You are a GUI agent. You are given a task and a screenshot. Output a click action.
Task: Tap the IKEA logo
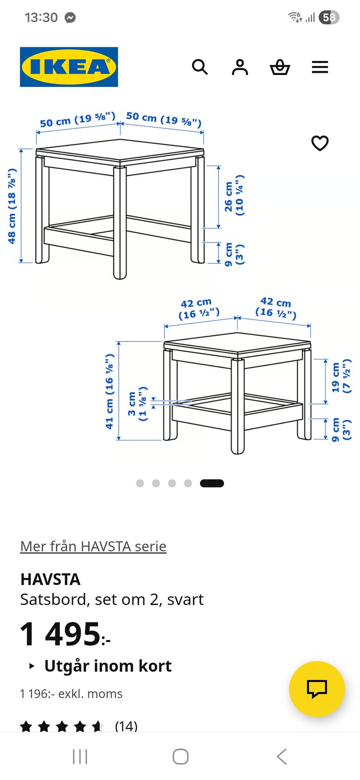[69, 67]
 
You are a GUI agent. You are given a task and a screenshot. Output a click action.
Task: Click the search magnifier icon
[199, 67]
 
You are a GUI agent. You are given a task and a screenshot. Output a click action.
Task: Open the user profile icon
[240, 67]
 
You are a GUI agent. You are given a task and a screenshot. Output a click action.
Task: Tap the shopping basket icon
[280, 67]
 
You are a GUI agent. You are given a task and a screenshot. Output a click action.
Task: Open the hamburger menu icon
[320, 67]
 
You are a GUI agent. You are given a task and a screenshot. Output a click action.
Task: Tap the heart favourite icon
[320, 143]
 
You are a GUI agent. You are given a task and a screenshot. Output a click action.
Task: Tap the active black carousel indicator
[212, 483]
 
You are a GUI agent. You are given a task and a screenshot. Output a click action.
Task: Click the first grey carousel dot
[140, 483]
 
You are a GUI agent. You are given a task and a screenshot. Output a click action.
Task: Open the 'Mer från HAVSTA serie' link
[93, 546]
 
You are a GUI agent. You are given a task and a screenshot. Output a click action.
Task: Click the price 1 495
[65, 634]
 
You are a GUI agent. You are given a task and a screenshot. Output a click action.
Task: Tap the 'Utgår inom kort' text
[108, 666]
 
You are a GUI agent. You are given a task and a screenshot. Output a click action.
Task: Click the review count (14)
[126, 726]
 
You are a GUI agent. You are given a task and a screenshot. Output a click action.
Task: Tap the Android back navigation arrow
[282, 756]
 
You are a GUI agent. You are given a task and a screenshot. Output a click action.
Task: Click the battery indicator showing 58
[329, 17]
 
